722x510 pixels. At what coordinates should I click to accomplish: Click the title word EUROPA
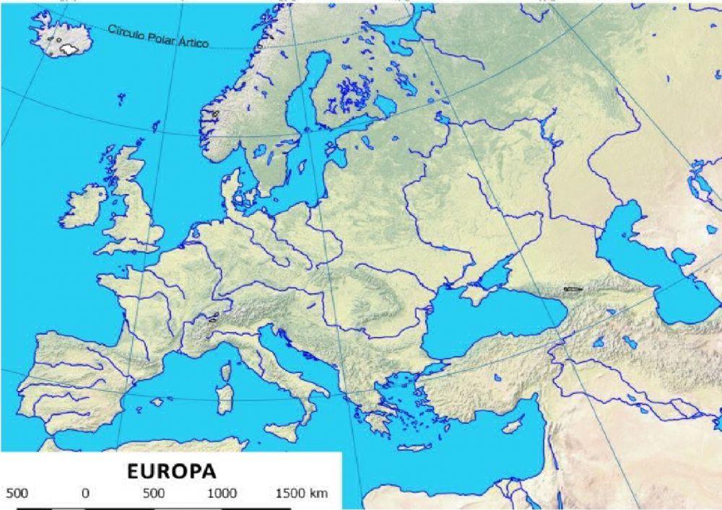coord(171,471)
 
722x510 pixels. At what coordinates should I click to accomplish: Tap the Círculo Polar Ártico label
coord(158,37)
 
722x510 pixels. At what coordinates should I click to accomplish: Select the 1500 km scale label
coord(302,494)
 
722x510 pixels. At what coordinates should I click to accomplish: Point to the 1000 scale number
coord(222,494)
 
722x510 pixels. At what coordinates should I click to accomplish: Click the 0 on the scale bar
coord(85,494)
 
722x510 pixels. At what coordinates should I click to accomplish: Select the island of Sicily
coord(281,432)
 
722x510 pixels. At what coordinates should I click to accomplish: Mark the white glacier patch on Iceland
coord(69,48)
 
